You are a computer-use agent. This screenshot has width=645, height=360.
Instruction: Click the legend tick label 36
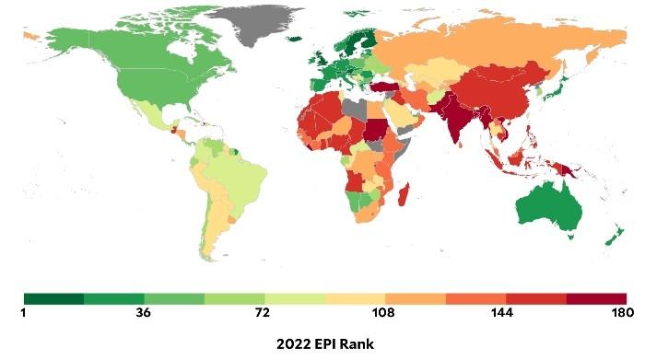[144, 313]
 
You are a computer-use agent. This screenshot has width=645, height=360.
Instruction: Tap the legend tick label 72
[264, 313]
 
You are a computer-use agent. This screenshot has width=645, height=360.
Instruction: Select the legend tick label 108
[383, 313]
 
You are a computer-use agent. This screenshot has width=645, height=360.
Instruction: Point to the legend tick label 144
[505, 313]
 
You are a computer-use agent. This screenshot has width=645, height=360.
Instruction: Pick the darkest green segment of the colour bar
[53, 299]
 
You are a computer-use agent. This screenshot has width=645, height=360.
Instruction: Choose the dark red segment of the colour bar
[596, 299]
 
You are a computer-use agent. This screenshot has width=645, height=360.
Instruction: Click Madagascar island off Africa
[403, 196]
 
